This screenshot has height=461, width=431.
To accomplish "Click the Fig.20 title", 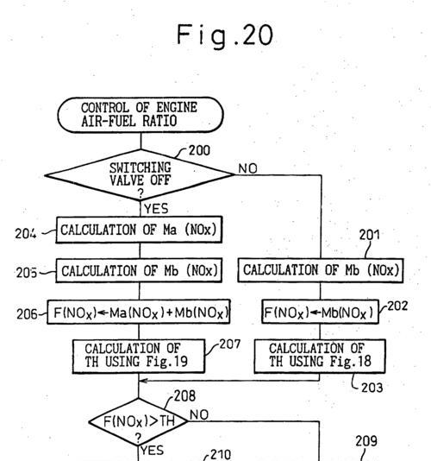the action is click(225, 36).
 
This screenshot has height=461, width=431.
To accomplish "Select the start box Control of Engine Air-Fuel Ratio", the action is click(141, 115).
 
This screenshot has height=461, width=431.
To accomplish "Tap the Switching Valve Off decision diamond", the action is click(140, 175).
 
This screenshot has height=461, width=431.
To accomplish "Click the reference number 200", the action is click(199, 150).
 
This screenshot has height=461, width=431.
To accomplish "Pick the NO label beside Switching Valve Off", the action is click(247, 168).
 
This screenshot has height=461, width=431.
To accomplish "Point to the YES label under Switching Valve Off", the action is click(156, 209).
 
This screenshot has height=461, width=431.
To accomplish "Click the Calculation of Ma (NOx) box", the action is click(139, 230).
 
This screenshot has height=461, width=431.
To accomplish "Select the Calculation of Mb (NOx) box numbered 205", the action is click(139, 270).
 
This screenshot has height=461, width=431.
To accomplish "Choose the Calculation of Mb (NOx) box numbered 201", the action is click(321, 270).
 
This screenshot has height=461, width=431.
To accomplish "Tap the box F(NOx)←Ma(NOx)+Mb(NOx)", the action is click(138, 312).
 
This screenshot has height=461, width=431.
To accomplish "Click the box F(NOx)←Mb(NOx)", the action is click(320, 312).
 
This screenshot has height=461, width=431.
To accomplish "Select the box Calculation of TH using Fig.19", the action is click(139, 357).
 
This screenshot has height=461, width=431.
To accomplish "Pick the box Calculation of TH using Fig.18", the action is click(320, 357).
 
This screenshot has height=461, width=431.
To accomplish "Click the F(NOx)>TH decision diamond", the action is click(139, 421).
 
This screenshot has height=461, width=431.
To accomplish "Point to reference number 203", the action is click(372, 388).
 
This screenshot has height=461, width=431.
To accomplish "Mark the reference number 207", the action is click(230, 344).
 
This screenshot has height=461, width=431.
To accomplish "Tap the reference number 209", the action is click(366, 441).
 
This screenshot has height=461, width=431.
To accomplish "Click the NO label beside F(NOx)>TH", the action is click(199, 415).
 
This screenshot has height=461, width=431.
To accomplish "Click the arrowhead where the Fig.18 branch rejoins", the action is click(143, 381).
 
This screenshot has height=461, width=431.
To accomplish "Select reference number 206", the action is click(27, 314).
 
